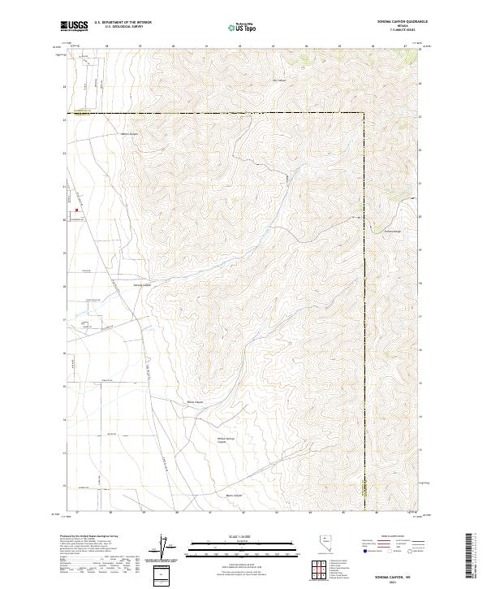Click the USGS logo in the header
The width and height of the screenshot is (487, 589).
pyautogui.click(x=74, y=27)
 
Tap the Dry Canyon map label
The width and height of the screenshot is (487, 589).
pyautogui.click(x=279, y=80)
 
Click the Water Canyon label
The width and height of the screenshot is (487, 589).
pyautogui.click(x=130, y=134)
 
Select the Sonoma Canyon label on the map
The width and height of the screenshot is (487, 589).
pyautogui.click(x=142, y=285)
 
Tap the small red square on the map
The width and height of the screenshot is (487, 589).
pyautogui.click(x=76, y=212)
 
